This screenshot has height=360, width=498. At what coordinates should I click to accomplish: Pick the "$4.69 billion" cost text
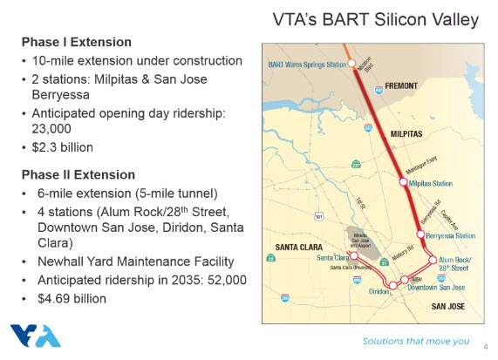click(72, 299)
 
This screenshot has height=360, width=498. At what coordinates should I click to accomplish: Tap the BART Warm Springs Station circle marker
click(352, 64)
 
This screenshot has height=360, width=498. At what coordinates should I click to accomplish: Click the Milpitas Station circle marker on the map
click(403, 183)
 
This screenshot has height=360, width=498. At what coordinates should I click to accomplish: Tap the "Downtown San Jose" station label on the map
click(437, 287)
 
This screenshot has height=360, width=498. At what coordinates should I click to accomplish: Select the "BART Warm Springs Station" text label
click(305, 65)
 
